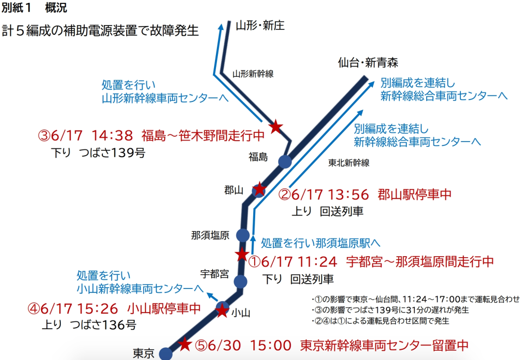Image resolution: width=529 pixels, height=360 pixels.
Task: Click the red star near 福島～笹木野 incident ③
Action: [x=276, y=126]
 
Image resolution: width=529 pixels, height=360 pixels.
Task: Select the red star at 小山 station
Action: [x=222, y=310]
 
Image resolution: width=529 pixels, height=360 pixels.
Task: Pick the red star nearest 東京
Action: [x=185, y=344]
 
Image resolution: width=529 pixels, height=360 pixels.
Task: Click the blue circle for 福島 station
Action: [x=285, y=161]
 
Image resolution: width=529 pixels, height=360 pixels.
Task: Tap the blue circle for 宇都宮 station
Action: [x=240, y=281]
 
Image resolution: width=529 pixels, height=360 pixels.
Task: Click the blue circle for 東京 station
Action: [x=166, y=354]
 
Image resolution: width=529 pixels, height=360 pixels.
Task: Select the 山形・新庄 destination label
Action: [x=260, y=25]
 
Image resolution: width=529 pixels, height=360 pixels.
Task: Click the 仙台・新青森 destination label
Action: [x=368, y=63]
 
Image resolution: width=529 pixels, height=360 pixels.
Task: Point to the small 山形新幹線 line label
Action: [x=253, y=74]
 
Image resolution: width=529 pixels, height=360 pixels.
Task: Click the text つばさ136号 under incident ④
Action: [x=103, y=325]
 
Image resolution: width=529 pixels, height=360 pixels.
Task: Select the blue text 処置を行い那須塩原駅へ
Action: [x=321, y=242]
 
